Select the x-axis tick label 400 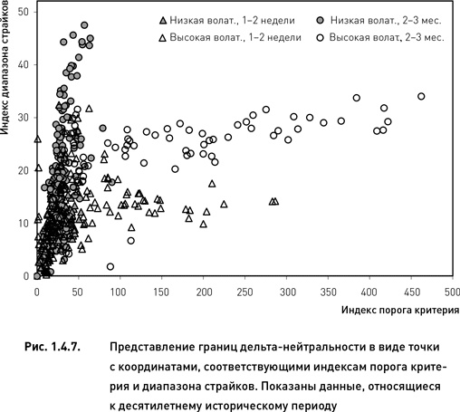pyautogui.click(x=369, y=292)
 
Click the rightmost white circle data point pyautogui.click(x=421, y=96)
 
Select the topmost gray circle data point pyautogui.click(x=84, y=25)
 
